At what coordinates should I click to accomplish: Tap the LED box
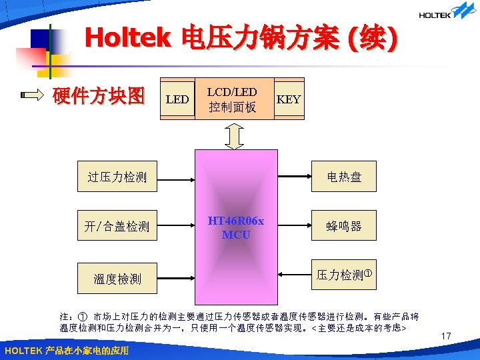point(177,100)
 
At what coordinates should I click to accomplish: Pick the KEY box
point(289,100)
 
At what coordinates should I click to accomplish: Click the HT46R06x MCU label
point(235,228)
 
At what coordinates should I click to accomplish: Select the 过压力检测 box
point(118,177)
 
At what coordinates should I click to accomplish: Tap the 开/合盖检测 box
point(118,227)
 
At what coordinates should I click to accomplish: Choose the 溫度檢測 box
point(118,278)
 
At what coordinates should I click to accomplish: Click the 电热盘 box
point(343,177)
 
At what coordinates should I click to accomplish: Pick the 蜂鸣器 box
point(343,227)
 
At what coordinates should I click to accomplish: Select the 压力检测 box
point(343,275)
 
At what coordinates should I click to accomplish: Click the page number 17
point(447,337)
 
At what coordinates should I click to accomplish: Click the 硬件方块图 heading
point(99,97)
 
